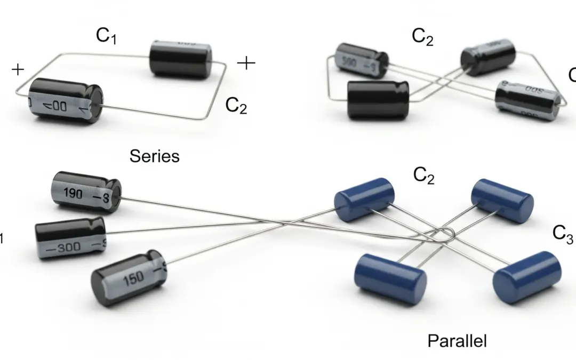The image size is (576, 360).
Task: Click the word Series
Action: tap(155, 156)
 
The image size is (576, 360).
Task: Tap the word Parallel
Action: tap(457, 340)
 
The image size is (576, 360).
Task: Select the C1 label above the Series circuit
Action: tap(106, 36)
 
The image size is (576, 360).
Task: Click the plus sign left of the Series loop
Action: tap(18, 69)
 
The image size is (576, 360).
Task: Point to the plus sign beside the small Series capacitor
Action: tap(246, 63)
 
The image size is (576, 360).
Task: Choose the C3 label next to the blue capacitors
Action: tap(563, 233)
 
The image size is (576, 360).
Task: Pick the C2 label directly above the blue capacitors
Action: tap(423, 175)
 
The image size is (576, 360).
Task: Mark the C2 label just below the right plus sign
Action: tap(236, 106)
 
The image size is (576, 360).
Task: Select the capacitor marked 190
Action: tap(85, 192)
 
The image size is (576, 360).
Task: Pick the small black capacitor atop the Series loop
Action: tap(177, 59)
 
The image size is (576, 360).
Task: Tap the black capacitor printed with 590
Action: tap(361, 60)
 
